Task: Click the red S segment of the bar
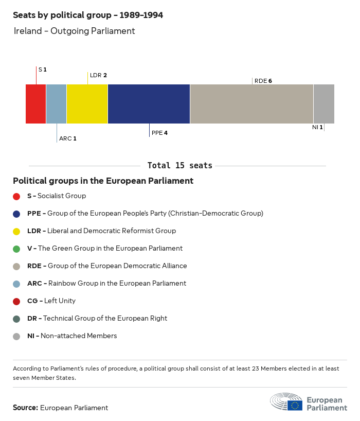pyautogui.click(x=36, y=104)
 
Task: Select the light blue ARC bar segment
pyautogui.click(x=57, y=104)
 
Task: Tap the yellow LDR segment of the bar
pyautogui.click(x=87, y=104)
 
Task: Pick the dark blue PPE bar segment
pyautogui.click(x=149, y=104)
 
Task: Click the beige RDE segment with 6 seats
pyautogui.click(x=252, y=104)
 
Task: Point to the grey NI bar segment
pyautogui.click(x=324, y=104)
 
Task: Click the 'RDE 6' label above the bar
pyautogui.click(x=263, y=81)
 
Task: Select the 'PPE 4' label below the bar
pyautogui.click(x=159, y=133)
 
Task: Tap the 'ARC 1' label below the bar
pyautogui.click(x=67, y=138)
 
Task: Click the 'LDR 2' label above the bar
pyautogui.click(x=98, y=75)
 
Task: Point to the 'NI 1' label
pyautogui.click(x=317, y=127)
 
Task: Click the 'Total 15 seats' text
pyautogui.click(x=179, y=165)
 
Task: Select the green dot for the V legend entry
pyautogui.click(x=16, y=249)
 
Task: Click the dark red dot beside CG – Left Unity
pyautogui.click(x=16, y=301)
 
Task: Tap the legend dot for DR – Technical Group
pyautogui.click(x=16, y=319)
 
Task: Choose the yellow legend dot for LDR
pyautogui.click(x=16, y=231)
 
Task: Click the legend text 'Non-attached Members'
pyautogui.click(x=79, y=336)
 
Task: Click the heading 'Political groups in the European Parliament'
pyautogui.click(x=103, y=181)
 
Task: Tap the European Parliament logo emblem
pyautogui.click(x=286, y=402)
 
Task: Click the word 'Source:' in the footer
pyautogui.click(x=25, y=408)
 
